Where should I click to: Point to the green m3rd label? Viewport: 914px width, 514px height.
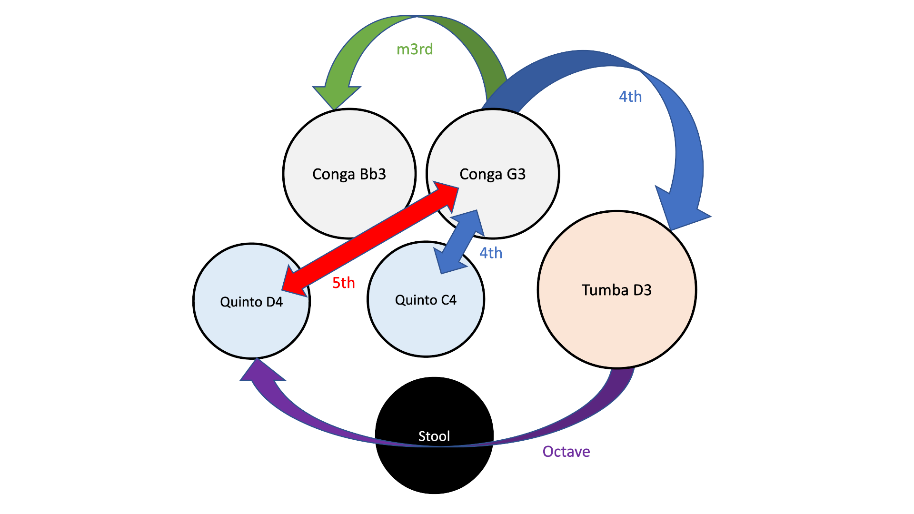pos(415,49)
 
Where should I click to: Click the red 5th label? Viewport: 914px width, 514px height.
pos(343,283)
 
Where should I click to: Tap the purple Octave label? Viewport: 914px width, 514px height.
pos(566,451)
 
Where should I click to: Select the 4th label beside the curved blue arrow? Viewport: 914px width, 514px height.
pos(630,97)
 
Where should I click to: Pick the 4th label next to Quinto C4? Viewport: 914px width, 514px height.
pos(491,253)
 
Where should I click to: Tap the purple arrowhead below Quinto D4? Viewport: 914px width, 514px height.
pos(259,371)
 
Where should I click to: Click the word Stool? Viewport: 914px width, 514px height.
pos(434,436)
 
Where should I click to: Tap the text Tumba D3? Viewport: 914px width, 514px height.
pos(616,290)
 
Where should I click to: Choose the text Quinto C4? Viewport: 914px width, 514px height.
pos(426,300)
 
